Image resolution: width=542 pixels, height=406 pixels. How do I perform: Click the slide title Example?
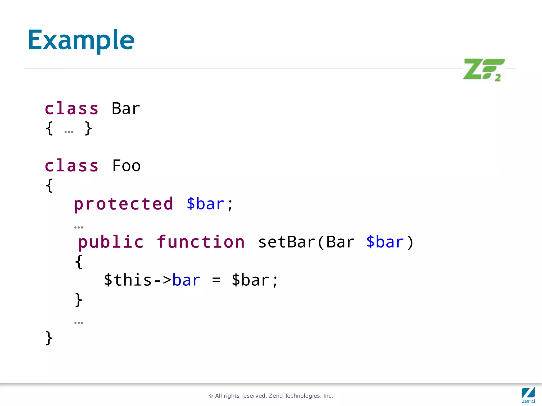pyautogui.click(x=81, y=40)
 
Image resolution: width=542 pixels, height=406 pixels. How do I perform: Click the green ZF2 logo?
pyautogui.click(x=484, y=69)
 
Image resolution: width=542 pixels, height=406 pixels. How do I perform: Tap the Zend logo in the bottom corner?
pyautogui.click(x=528, y=395)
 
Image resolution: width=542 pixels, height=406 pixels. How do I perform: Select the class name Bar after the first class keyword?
pyautogui.click(x=126, y=108)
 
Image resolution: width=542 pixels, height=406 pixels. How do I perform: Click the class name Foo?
pyautogui.click(x=126, y=166)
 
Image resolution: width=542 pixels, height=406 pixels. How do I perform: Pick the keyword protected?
pyautogui.click(x=123, y=204)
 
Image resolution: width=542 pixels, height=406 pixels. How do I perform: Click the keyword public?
pyautogui.click(x=111, y=242)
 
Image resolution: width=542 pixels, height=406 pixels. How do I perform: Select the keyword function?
pyautogui.click(x=201, y=242)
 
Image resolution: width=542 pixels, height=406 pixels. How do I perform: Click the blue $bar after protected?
pyautogui.click(x=205, y=204)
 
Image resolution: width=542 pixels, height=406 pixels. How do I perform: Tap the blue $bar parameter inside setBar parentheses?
pyautogui.click(x=385, y=242)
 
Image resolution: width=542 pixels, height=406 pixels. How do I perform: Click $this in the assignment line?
pyautogui.click(x=128, y=280)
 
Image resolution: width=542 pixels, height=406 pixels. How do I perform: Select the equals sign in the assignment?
pyautogui.click(x=216, y=281)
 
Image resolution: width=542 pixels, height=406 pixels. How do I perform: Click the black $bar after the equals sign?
pyautogui.click(x=250, y=280)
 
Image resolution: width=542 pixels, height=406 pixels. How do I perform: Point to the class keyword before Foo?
pyautogui.click(x=71, y=166)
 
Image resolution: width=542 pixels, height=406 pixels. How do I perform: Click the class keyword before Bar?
pyautogui.click(x=71, y=108)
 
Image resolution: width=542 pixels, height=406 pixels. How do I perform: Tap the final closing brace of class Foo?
pyautogui.click(x=49, y=338)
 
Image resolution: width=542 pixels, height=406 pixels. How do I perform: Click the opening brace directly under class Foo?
pyautogui.click(x=49, y=185)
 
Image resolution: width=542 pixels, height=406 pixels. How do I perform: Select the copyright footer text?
pyautogui.click(x=270, y=396)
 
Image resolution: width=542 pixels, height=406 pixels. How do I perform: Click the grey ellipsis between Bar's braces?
pyautogui.click(x=69, y=132)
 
